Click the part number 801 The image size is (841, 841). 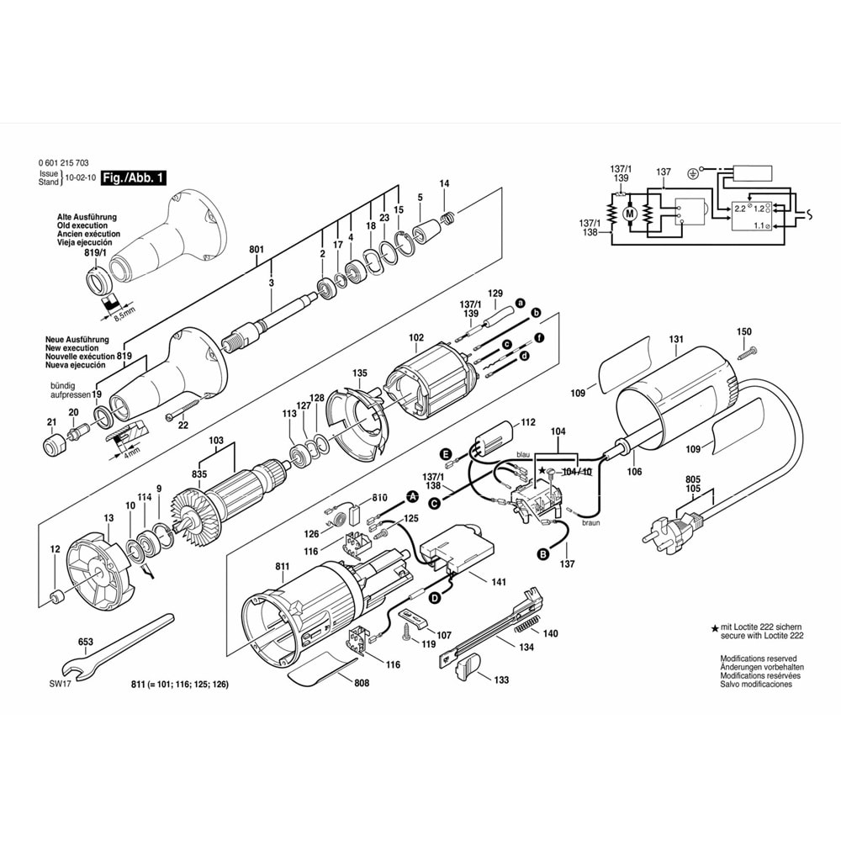(x=257, y=249)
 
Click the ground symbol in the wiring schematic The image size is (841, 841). (x=692, y=173)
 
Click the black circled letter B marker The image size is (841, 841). (x=542, y=553)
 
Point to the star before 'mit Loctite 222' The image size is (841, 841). (x=715, y=628)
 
